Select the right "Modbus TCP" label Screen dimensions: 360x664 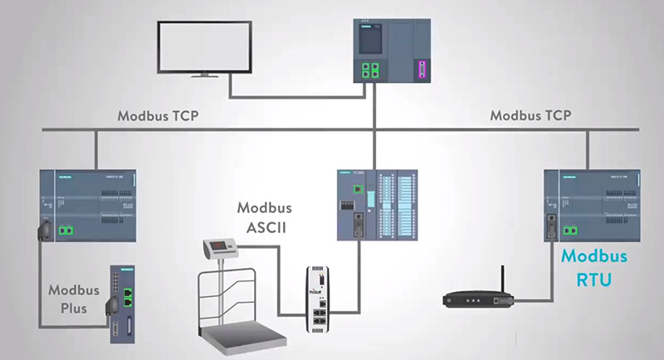tap(530, 115)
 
